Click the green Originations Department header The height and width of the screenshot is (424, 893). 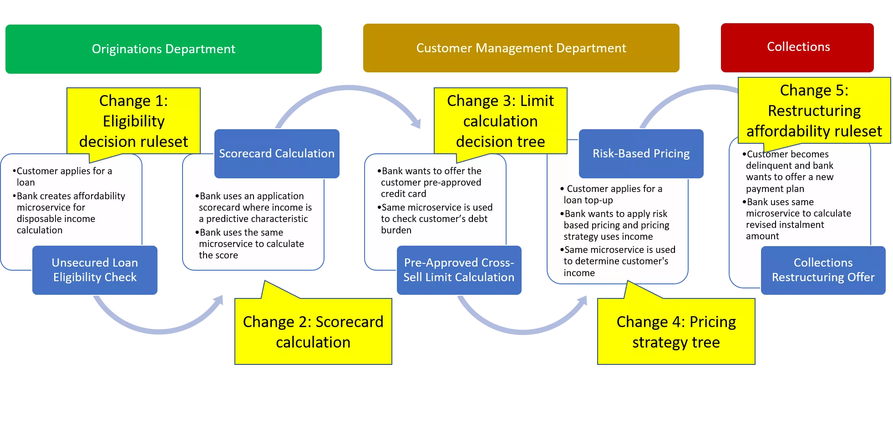pyautogui.click(x=163, y=49)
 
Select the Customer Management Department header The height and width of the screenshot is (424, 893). pyautogui.click(x=521, y=48)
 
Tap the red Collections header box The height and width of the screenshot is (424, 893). pyautogui.click(x=797, y=47)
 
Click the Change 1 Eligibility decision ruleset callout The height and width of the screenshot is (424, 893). pyautogui.click(x=133, y=121)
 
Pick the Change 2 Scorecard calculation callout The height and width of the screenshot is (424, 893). pyautogui.click(x=313, y=332)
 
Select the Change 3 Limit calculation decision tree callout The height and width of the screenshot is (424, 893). pyautogui.click(x=500, y=121)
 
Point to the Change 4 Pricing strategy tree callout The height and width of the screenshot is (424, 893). pyautogui.click(x=676, y=332)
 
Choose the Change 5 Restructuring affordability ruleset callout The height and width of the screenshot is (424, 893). pyautogui.click(x=814, y=111)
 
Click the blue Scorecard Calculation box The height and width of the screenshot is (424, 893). pyautogui.click(x=277, y=154)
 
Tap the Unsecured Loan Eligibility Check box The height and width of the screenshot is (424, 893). pyautogui.click(x=95, y=270)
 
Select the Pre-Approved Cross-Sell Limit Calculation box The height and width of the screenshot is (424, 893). pyautogui.click(x=459, y=270)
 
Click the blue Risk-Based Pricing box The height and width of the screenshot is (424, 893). pyautogui.click(x=641, y=154)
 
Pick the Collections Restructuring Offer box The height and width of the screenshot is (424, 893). pyautogui.click(x=823, y=270)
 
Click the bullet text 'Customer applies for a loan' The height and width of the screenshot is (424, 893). pyautogui.click(x=64, y=177)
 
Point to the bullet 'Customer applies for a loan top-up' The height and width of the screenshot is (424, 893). pyautogui.click(x=612, y=194)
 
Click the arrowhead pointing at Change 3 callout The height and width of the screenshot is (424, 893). pyautogui.click(x=416, y=123)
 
